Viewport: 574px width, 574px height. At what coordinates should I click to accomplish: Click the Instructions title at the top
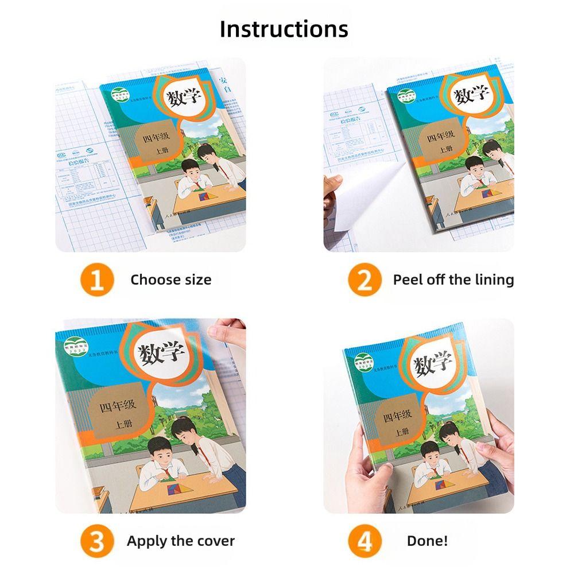[284, 29]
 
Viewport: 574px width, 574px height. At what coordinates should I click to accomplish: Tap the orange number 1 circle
[96, 280]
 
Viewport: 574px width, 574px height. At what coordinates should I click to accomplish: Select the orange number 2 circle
[364, 280]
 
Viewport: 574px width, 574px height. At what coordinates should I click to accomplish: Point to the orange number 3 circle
[96, 541]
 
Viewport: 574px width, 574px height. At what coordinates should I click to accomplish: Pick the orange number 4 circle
[364, 541]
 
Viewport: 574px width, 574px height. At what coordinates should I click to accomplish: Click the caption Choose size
[170, 280]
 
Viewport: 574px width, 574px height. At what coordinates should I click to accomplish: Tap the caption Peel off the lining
[453, 280]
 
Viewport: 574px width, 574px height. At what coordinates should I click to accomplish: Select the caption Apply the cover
[180, 541]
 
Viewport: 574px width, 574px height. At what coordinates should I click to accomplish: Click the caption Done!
[427, 541]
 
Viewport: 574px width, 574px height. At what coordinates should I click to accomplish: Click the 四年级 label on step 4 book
[398, 414]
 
